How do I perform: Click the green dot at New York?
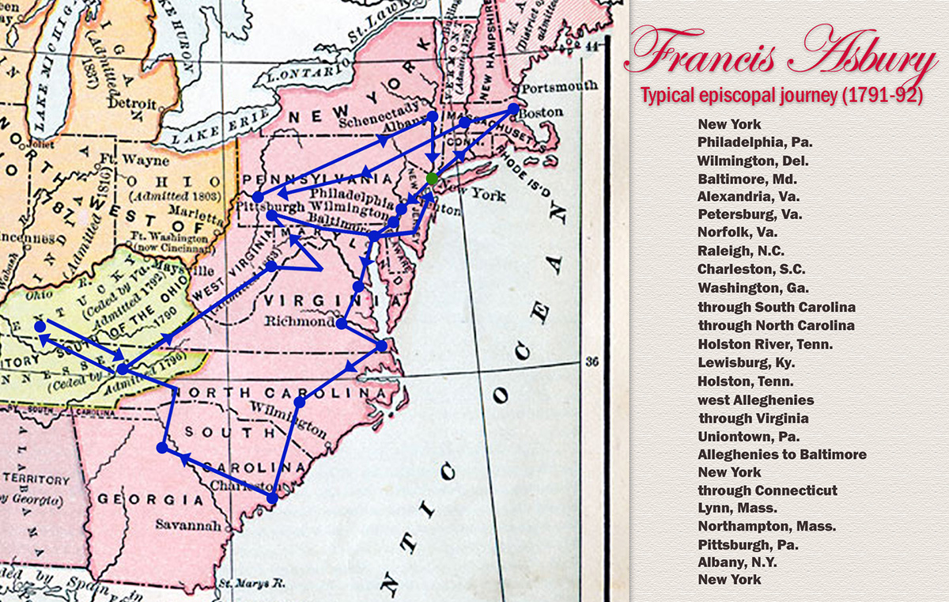431,179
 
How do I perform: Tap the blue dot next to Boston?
513,108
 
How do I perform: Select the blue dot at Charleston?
272,498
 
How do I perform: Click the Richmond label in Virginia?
295,322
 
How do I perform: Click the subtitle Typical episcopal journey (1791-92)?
781,97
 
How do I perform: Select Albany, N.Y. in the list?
737,562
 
